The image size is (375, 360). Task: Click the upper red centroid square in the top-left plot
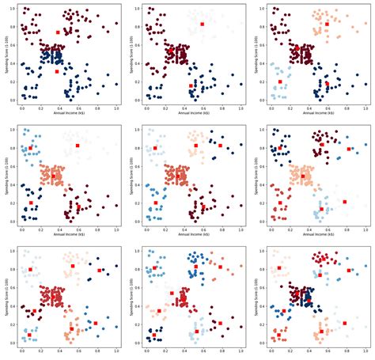tap(58, 32)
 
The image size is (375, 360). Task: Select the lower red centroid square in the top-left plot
tap(57, 71)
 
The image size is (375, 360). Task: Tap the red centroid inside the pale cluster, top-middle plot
tap(202, 25)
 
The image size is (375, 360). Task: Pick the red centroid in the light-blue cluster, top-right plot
tap(279, 81)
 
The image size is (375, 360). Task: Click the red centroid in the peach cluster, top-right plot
tap(326, 25)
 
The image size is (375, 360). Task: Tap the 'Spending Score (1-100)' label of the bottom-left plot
tap(7, 296)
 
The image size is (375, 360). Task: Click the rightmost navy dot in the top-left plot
tap(116, 83)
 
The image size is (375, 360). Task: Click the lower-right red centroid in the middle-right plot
tap(345, 202)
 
